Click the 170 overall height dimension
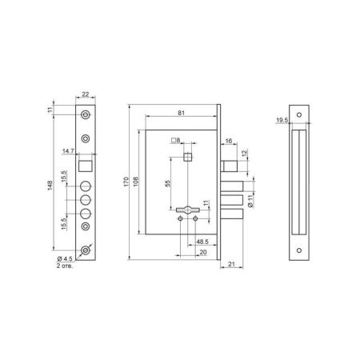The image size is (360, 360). [x=126, y=182]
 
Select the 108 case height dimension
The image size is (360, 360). [x=136, y=182]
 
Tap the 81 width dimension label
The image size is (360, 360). [x=182, y=113]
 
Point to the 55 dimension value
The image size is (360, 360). [x=167, y=183]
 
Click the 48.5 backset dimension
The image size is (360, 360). [x=202, y=242]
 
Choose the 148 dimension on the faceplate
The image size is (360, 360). [x=50, y=186]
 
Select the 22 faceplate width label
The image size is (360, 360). [x=86, y=94]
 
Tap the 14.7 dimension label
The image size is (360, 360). [x=68, y=151]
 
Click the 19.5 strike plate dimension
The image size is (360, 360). [x=282, y=120]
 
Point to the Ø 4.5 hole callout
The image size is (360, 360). [x=65, y=258]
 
